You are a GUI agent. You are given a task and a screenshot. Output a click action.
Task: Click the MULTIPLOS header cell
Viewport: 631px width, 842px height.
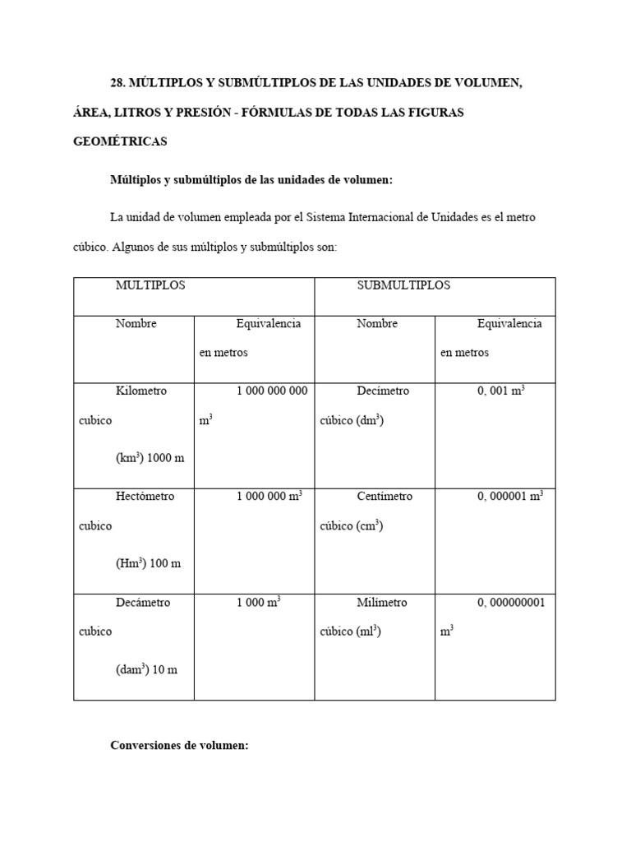(x=150, y=285)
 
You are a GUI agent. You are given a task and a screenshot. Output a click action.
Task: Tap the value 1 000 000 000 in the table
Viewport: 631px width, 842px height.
(x=272, y=391)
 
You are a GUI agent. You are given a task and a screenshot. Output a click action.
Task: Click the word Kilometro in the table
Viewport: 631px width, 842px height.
(x=140, y=391)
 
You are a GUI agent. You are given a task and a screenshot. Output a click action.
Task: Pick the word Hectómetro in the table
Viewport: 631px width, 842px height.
(x=145, y=496)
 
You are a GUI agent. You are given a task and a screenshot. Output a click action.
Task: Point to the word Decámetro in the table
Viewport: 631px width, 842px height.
(x=143, y=602)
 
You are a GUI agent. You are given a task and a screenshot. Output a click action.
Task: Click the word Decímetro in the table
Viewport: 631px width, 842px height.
(x=383, y=391)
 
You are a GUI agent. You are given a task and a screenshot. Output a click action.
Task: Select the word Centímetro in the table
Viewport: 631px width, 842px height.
(x=385, y=496)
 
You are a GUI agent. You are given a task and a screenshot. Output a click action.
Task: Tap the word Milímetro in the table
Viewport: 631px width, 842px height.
(x=382, y=602)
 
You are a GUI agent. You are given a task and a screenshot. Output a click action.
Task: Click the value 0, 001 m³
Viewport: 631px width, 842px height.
(x=501, y=391)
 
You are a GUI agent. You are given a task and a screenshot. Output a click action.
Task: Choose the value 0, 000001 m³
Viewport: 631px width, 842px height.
(x=509, y=496)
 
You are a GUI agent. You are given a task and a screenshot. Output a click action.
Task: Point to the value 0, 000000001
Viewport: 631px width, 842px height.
(x=511, y=602)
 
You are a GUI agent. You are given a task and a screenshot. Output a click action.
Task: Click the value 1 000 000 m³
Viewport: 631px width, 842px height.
(x=269, y=496)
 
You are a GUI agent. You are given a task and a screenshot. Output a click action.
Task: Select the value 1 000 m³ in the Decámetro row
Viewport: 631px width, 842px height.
(x=259, y=602)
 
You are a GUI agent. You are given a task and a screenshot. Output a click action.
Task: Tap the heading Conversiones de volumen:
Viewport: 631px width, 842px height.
(x=179, y=746)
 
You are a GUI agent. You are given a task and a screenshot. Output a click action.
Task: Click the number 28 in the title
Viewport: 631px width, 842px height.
(x=117, y=82)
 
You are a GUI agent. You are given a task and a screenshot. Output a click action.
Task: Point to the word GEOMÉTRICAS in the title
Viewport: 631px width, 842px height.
(x=120, y=141)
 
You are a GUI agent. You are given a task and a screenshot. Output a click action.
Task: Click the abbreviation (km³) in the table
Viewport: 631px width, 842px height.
(x=130, y=458)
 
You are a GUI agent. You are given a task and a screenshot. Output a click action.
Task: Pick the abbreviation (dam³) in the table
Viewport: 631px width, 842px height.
(x=132, y=669)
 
